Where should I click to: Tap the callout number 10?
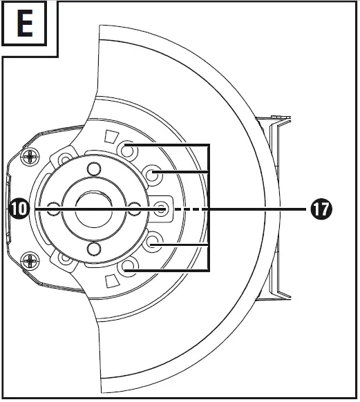click(19, 208)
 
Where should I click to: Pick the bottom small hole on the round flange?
click(93, 249)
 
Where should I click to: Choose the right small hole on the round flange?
click(135, 208)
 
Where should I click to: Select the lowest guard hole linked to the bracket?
click(126, 268)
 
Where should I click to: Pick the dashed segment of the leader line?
click(191, 208)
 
